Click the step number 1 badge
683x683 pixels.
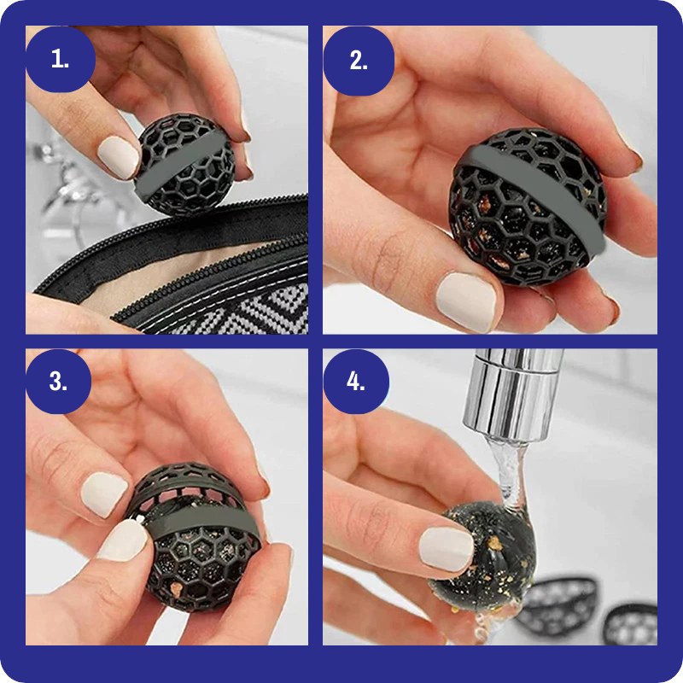(x=60, y=59)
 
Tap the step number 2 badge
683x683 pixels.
(x=359, y=60)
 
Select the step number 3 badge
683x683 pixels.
(x=58, y=381)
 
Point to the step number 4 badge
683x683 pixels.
(x=356, y=381)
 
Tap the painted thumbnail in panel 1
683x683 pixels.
(x=118, y=157)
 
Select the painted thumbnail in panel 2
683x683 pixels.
(x=466, y=302)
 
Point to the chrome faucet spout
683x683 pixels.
(x=514, y=392)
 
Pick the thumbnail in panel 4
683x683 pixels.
(x=446, y=549)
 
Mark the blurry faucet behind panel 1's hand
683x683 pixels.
(x=66, y=183)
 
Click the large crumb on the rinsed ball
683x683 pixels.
(x=494, y=543)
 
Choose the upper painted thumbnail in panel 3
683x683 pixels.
(x=104, y=495)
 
